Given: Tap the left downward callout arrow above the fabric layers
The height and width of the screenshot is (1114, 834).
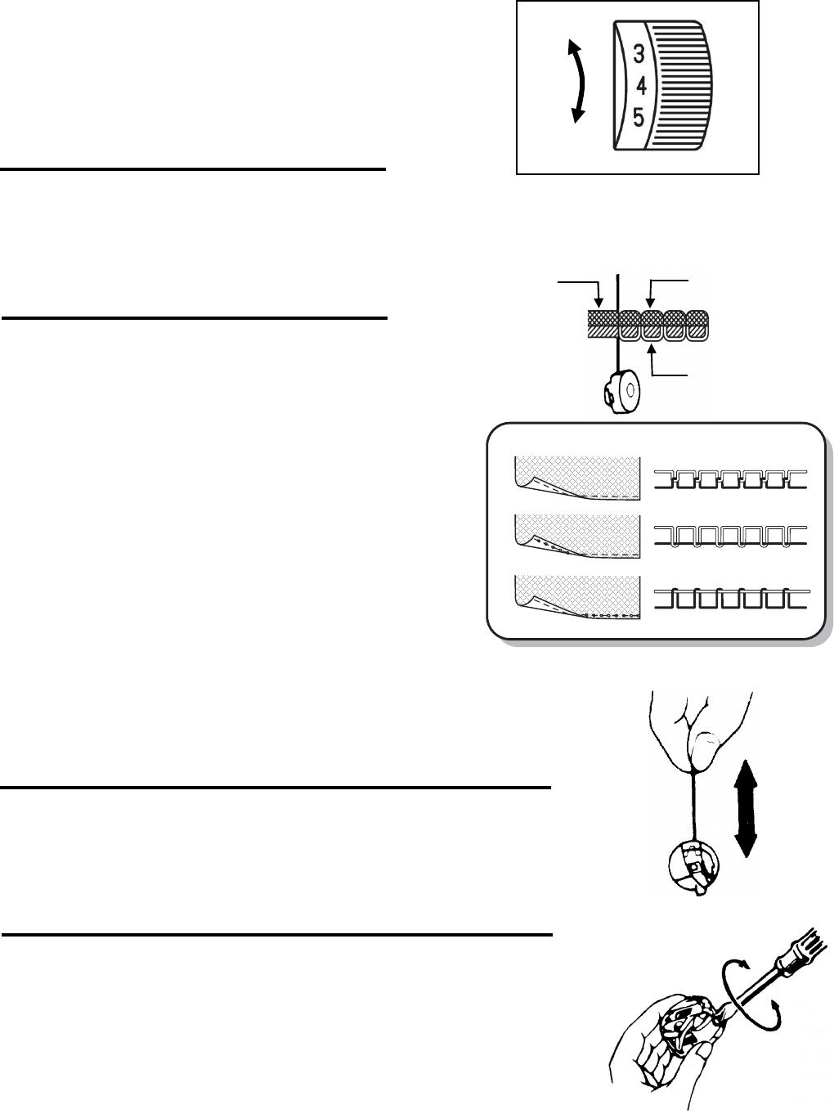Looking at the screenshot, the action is click(x=599, y=294).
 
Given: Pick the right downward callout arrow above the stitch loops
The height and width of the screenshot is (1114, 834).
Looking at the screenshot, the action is click(x=648, y=294).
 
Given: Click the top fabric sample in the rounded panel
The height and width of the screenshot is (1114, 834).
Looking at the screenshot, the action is click(x=576, y=478).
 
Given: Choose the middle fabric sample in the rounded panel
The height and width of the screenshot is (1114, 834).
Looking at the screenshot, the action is click(x=576, y=535).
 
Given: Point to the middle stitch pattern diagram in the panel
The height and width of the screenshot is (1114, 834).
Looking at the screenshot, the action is click(x=730, y=537).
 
